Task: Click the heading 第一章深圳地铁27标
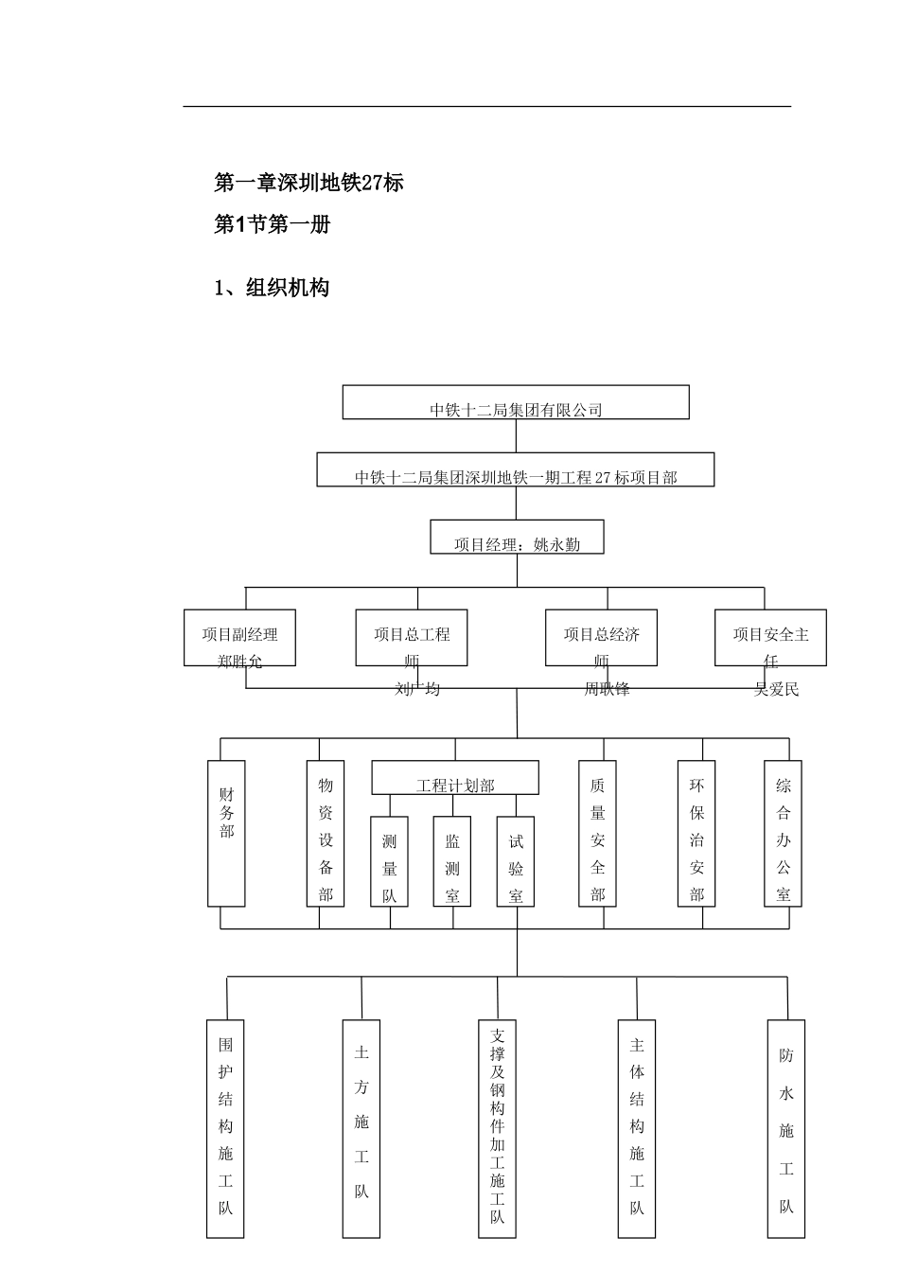tap(309, 183)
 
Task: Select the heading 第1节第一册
tap(273, 225)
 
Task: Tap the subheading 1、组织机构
tap(272, 288)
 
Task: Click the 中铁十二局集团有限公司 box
tap(516, 402)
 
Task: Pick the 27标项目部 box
tap(516, 470)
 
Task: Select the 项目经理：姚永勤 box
tap(517, 537)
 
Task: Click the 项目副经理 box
tap(239, 638)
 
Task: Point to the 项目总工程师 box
tap(412, 638)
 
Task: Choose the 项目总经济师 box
tap(602, 638)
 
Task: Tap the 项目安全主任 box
tap(770, 638)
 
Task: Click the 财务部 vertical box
tap(226, 833)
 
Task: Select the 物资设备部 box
tap(326, 833)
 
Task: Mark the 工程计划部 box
tap(455, 778)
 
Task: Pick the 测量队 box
tap(389, 861)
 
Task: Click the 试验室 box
tap(516, 861)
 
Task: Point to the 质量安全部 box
tap(597, 833)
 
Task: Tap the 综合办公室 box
tap(783, 833)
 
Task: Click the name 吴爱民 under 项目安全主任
tap(777, 690)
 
